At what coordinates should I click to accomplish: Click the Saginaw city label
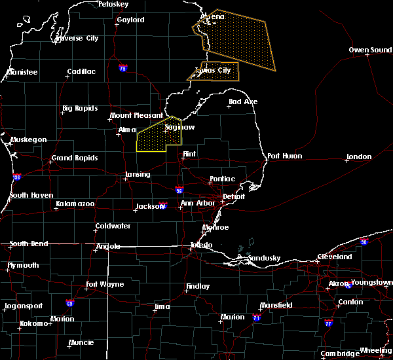(179, 128)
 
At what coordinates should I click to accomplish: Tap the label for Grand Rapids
(75, 158)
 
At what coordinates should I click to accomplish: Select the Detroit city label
(233, 196)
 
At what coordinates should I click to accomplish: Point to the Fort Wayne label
(105, 285)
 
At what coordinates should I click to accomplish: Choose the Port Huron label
(282, 156)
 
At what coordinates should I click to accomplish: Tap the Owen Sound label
(370, 50)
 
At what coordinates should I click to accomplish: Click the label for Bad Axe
(243, 101)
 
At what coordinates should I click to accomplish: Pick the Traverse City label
(77, 38)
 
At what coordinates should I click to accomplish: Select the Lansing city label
(137, 175)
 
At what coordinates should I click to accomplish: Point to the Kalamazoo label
(75, 205)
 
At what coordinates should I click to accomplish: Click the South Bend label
(28, 244)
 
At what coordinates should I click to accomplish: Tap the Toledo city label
(201, 245)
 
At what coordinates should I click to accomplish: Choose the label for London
(359, 157)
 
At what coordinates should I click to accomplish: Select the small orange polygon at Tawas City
(216, 71)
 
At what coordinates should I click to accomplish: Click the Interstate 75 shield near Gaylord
(122, 68)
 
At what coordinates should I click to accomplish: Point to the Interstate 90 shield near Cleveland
(364, 242)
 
